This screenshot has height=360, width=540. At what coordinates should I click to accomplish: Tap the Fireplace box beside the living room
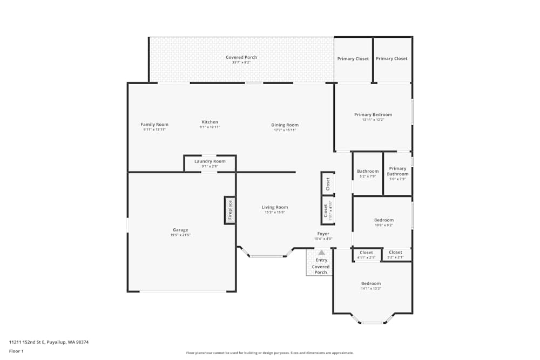(230, 210)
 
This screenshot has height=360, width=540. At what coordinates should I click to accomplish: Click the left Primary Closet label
(353, 59)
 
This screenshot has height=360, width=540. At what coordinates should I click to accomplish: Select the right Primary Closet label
(391, 59)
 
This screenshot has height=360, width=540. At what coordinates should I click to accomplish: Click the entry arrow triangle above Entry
(321, 252)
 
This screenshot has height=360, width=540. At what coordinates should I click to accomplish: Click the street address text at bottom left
(49, 342)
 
